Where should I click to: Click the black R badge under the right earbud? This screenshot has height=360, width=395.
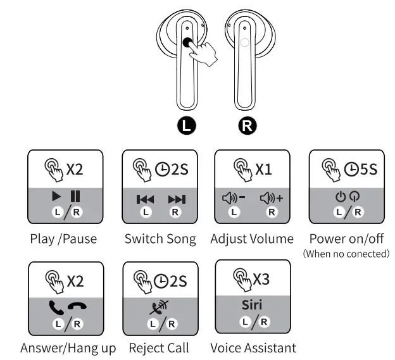pyautogui.click(x=249, y=125)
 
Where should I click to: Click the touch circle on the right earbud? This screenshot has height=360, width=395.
pyautogui.click(x=245, y=42)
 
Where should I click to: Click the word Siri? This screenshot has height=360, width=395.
pyautogui.click(x=252, y=305)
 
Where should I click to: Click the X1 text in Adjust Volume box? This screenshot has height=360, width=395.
pyautogui.click(x=263, y=170)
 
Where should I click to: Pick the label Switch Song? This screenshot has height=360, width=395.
pyautogui.click(x=160, y=239)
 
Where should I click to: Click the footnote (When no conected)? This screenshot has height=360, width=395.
pyautogui.click(x=346, y=254)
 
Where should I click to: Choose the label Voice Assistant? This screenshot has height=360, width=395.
pyautogui.click(x=253, y=347)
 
